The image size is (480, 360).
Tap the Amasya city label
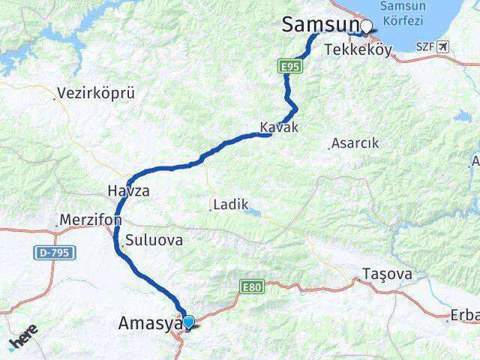[150, 324]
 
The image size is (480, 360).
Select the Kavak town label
[279, 127]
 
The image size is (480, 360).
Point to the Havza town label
[127, 191]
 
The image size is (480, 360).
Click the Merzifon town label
[89, 222]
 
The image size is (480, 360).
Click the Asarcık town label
[356, 143]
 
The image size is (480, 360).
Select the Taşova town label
[387, 274]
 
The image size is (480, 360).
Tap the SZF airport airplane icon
[443, 47]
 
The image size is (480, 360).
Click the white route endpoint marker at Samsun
[366, 26]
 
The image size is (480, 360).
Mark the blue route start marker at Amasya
[188, 322]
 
